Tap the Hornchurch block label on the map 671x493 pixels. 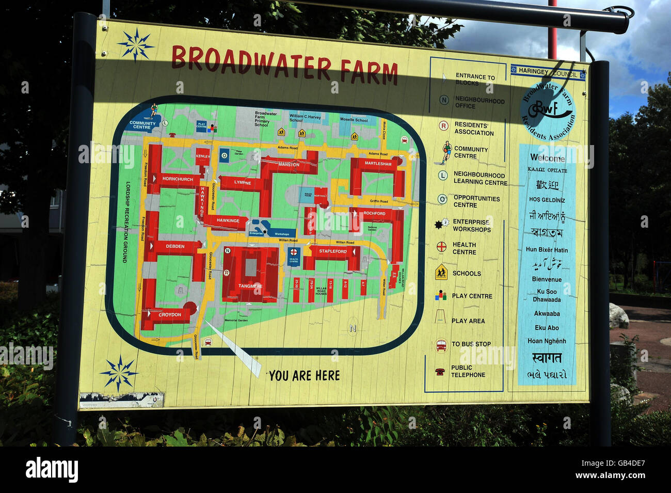(178, 179)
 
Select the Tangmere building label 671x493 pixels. (250, 286)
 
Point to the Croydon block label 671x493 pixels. (170, 314)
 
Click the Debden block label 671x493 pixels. (175, 246)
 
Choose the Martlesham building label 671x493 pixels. (378, 164)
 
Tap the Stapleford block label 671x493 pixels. (333, 251)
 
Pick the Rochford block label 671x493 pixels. (374, 213)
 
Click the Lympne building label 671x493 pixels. (243, 183)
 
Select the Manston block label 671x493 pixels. (289, 165)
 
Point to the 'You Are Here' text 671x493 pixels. (304, 376)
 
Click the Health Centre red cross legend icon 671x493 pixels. (441, 247)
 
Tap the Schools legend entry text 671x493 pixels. (467, 274)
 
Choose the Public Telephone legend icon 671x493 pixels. (440, 372)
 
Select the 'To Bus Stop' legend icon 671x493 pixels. (441, 345)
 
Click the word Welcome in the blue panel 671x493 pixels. (547, 158)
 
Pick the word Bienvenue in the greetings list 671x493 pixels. (547, 279)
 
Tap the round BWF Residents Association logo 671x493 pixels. (547, 110)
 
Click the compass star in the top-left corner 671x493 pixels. (136, 45)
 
